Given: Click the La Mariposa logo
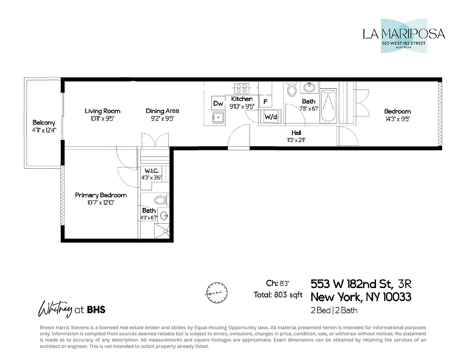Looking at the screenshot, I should pyautogui.click(x=403, y=36).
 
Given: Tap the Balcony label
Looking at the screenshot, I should pyautogui.click(x=44, y=122).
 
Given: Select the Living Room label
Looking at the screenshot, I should pyautogui.click(x=103, y=111).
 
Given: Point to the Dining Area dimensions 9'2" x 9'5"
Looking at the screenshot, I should pyautogui.click(x=162, y=119).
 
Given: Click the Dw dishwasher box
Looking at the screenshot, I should pyautogui.click(x=218, y=103).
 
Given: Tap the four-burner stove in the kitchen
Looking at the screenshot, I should pyautogui.click(x=242, y=88).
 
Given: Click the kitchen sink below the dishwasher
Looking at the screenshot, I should pyautogui.click(x=220, y=118).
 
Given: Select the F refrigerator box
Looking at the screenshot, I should pyautogui.click(x=265, y=102).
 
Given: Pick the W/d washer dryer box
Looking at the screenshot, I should pyautogui.click(x=270, y=117).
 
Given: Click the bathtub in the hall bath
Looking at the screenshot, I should pyautogui.click(x=328, y=105).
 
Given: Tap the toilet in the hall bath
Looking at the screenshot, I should pyautogui.click(x=291, y=90).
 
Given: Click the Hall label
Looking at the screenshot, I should pyautogui.click(x=296, y=133).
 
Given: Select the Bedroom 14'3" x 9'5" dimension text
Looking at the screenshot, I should pyautogui.click(x=397, y=119).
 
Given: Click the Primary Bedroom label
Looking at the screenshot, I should pyautogui.click(x=101, y=195).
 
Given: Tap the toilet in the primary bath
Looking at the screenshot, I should pyautogui.click(x=160, y=200).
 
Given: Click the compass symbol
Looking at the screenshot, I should pyautogui.click(x=215, y=292).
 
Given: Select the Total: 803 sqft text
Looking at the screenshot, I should pyautogui.click(x=278, y=295).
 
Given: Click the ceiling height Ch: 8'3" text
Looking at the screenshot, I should pyautogui.click(x=278, y=283).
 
